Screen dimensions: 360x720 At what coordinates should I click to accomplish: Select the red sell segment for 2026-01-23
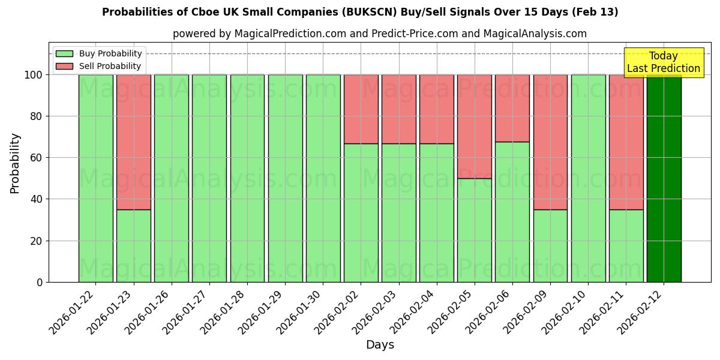click(133, 142)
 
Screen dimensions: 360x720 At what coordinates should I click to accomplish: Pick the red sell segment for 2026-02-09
click(550, 142)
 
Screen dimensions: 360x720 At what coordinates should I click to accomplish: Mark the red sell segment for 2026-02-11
click(626, 142)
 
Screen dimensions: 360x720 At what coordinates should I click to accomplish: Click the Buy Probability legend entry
click(99, 53)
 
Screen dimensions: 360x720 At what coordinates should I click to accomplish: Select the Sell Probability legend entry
click(99, 66)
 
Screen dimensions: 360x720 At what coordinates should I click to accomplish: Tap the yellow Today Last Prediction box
click(663, 62)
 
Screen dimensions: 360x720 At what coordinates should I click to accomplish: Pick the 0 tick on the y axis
click(40, 282)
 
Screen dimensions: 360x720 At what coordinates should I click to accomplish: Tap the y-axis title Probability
click(15, 163)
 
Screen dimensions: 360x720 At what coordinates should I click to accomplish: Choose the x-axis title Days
click(380, 345)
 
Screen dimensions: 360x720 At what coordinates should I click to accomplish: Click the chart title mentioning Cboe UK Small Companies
click(360, 12)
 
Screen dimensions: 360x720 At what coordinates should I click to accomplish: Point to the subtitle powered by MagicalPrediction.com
click(380, 34)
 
